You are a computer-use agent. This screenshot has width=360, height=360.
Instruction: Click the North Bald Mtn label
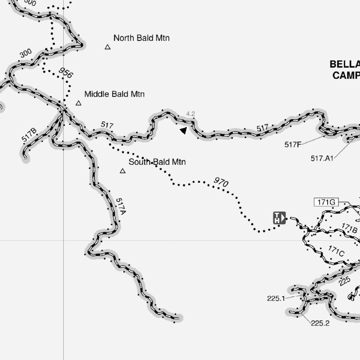click(x=141, y=38)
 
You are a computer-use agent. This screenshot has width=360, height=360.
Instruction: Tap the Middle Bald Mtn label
click(x=114, y=94)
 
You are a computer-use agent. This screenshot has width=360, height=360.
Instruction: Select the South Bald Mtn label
click(x=157, y=162)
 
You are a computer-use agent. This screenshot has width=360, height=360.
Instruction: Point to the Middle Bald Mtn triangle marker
click(x=78, y=103)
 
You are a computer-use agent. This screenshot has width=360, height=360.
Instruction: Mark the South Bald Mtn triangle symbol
click(x=123, y=171)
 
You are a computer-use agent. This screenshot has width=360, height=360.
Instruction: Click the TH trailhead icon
click(x=279, y=218)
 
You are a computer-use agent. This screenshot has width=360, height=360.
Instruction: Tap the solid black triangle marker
click(x=184, y=131)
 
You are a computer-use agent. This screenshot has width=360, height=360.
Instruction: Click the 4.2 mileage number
click(x=191, y=114)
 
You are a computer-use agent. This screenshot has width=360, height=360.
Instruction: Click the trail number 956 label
click(x=66, y=73)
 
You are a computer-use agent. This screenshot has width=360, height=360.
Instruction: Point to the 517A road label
click(x=121, y=207)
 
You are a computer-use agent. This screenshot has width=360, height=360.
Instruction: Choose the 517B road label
click(x=29, y=135)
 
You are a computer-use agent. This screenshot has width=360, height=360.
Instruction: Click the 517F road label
click(x=293, y=144)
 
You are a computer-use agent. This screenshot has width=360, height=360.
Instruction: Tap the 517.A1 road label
click(x=322, y=158)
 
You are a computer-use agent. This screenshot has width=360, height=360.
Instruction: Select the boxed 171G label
click(x=326, y=202)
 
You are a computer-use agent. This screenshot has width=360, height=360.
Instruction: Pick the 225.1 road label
click(x=276, y=298)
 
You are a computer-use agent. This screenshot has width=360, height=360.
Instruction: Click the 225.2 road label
click(x=320, y=323)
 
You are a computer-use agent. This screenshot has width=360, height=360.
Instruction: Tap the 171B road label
click(x=349, y=229)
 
